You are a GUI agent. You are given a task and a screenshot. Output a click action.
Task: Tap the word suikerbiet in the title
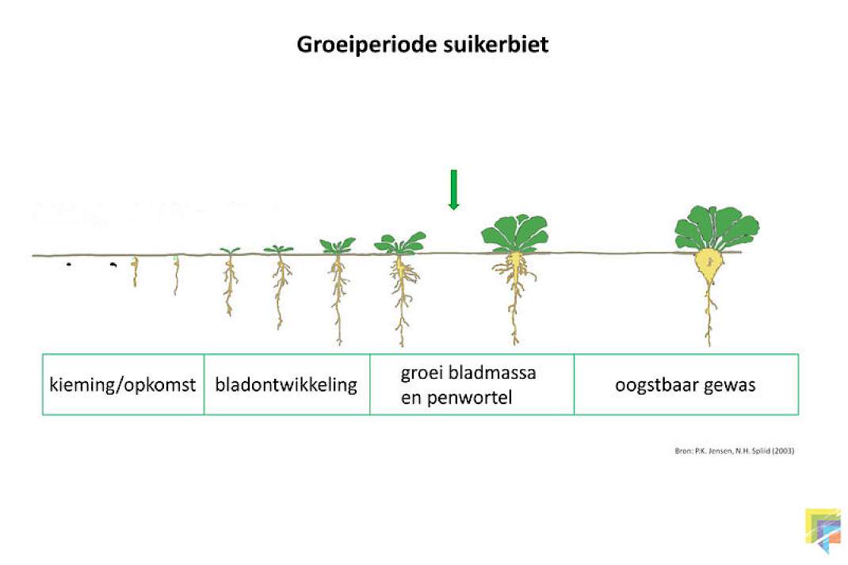[496, 44]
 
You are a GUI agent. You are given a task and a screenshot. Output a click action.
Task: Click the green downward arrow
[454, 189]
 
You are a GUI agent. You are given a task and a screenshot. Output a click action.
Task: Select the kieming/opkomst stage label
[122, 385]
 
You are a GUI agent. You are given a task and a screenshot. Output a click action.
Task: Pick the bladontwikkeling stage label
[286, 384]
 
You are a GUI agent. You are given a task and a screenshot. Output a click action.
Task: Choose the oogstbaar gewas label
[686, 385]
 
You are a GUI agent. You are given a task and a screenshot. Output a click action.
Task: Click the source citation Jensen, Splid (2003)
[734, 450]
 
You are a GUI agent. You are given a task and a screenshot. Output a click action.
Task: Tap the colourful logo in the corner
[823, 529]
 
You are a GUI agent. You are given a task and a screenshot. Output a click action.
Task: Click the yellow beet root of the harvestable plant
[709, 266]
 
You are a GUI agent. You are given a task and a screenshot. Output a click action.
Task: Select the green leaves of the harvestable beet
[716, 228]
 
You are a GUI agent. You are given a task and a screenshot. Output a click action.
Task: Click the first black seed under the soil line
[69, 265]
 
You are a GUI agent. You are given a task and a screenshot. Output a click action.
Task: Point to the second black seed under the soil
[113, 265]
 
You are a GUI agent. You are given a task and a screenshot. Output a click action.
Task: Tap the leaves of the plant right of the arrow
[515, 234]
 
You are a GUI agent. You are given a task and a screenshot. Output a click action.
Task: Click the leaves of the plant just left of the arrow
[399, 243]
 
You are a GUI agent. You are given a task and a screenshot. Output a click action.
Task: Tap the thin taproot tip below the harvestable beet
[709, 343]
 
